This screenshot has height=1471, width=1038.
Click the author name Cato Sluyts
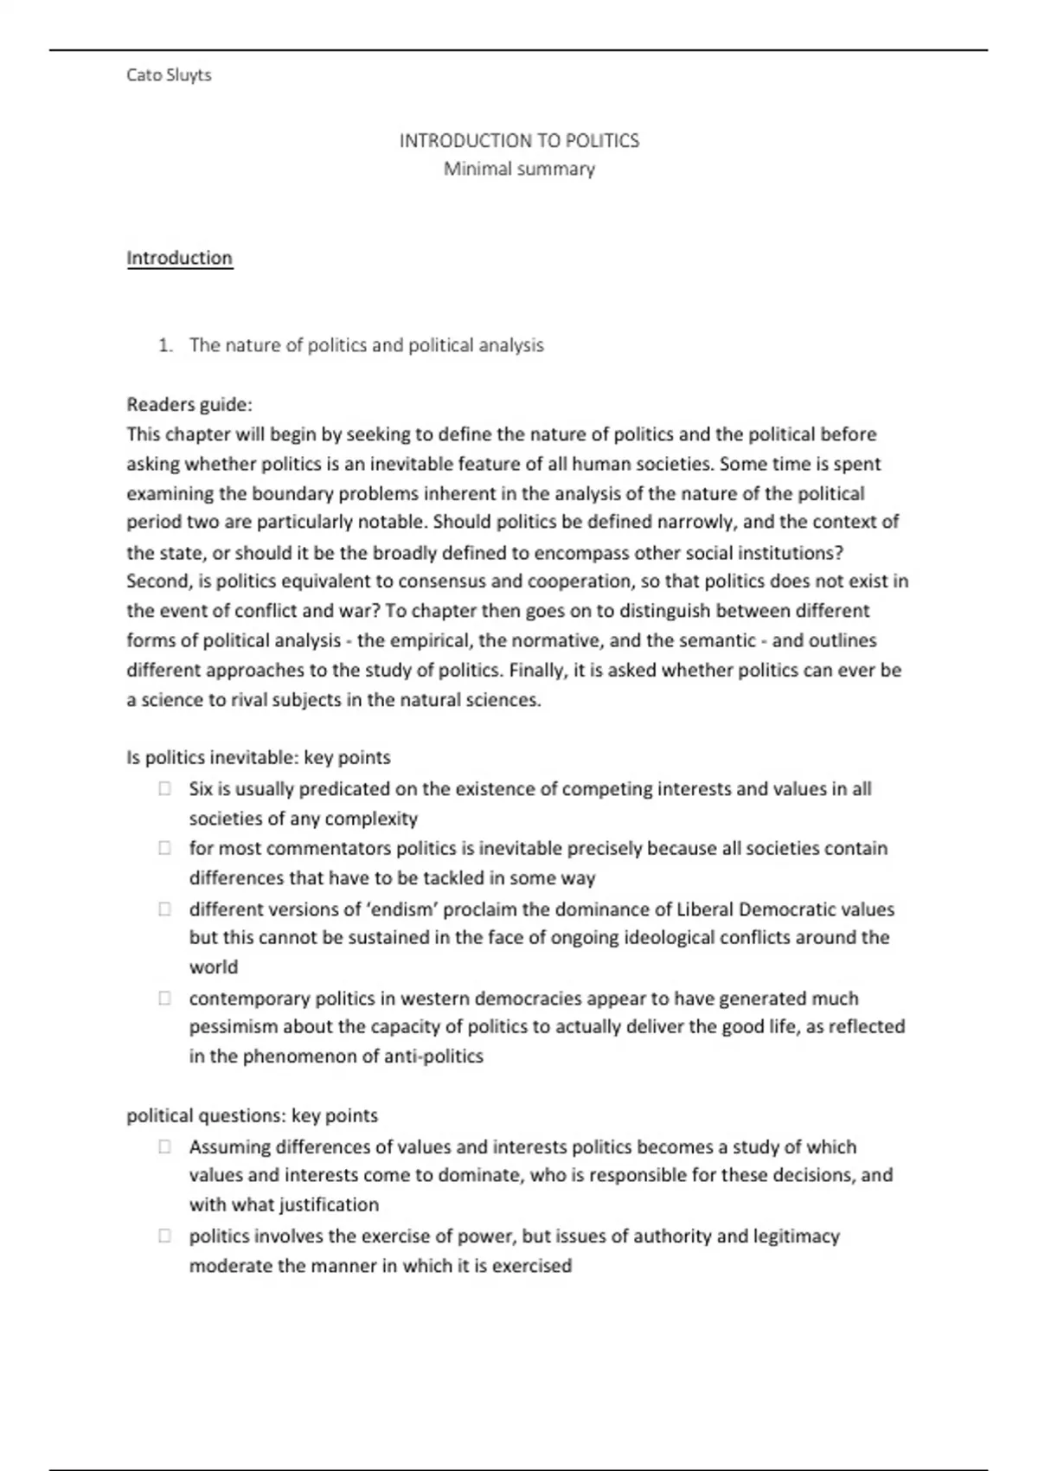(x=169, y=75)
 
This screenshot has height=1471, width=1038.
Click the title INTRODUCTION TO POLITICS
(x=519, y=141)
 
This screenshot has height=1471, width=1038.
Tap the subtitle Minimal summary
(x=519, y=169)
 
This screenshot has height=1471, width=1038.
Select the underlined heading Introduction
(x=179, y=258)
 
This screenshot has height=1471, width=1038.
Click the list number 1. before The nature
(x=165, y=345)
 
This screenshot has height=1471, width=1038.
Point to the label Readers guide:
(x=189, y=404)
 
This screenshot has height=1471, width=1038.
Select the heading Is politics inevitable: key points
(x=258, y=758)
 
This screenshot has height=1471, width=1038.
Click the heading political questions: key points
(x=252, y=1116)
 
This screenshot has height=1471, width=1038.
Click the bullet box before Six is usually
(x=164, y=789)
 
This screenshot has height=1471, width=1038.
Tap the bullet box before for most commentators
(x=164, y=849)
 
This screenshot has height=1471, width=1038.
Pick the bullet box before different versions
(x=164, y=909)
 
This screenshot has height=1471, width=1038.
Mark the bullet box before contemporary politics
(x=164, y=999)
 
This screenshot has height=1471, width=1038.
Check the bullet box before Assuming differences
(x=164, y=1147)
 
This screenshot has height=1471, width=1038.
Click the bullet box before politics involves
(x=164, y=1237)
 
